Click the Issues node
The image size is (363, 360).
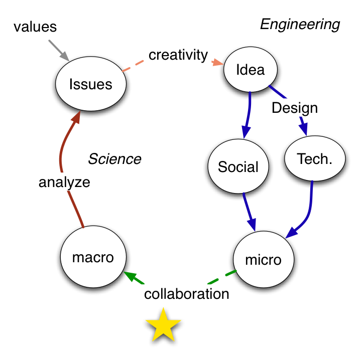[90, 84]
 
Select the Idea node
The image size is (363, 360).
[250, 69]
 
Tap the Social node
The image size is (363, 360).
[238, 166]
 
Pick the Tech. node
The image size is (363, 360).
[315, 158]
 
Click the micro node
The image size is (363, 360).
[263, 260]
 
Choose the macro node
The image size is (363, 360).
[93, 257]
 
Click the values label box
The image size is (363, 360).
[35, 27]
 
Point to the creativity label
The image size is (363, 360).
[178, 54]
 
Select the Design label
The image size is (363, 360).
[295, 107]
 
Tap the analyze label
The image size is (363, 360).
[64, 182]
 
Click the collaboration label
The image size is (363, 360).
[186, 293]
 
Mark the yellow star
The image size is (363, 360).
[163, 325]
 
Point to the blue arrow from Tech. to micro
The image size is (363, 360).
[307, 211]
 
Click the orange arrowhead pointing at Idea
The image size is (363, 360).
[217, 62]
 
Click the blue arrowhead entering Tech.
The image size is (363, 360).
[303, 129]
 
